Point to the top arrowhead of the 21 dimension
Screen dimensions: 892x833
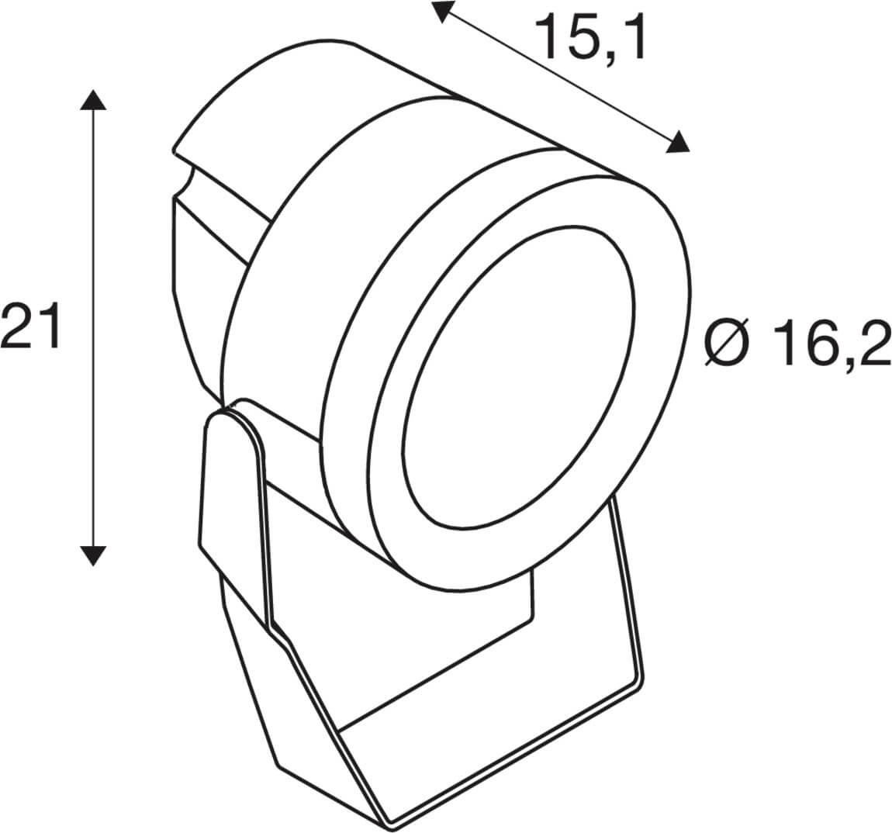coord(93,100)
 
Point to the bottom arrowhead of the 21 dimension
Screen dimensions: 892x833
coord(93,555)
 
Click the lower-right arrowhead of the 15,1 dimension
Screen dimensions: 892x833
coord(678,142)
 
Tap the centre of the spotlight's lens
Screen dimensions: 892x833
coord(518,376)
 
